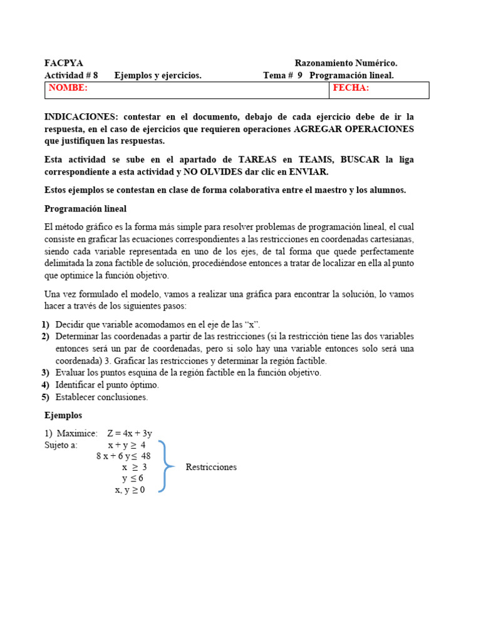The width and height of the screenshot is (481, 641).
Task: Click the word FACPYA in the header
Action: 63,63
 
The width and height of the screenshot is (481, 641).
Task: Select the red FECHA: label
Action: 351,88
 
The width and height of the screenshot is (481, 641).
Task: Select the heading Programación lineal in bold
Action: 85,208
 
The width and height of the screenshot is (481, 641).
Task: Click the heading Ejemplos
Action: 63,415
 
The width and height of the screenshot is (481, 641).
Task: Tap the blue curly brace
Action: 165,466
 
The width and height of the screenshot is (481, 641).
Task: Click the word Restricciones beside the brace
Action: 211,468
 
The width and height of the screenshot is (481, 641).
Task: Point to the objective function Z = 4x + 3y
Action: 130,433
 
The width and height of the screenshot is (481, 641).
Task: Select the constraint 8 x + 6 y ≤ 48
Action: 123,456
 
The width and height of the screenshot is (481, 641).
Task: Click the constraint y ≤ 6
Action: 133,479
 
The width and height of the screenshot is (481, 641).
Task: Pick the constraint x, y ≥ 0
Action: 130,490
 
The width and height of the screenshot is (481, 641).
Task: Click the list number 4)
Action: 46,385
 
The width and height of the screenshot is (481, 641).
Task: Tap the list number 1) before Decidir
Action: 46,324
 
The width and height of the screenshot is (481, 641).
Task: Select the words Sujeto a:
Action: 61,445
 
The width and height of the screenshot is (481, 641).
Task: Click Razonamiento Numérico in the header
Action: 346,63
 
